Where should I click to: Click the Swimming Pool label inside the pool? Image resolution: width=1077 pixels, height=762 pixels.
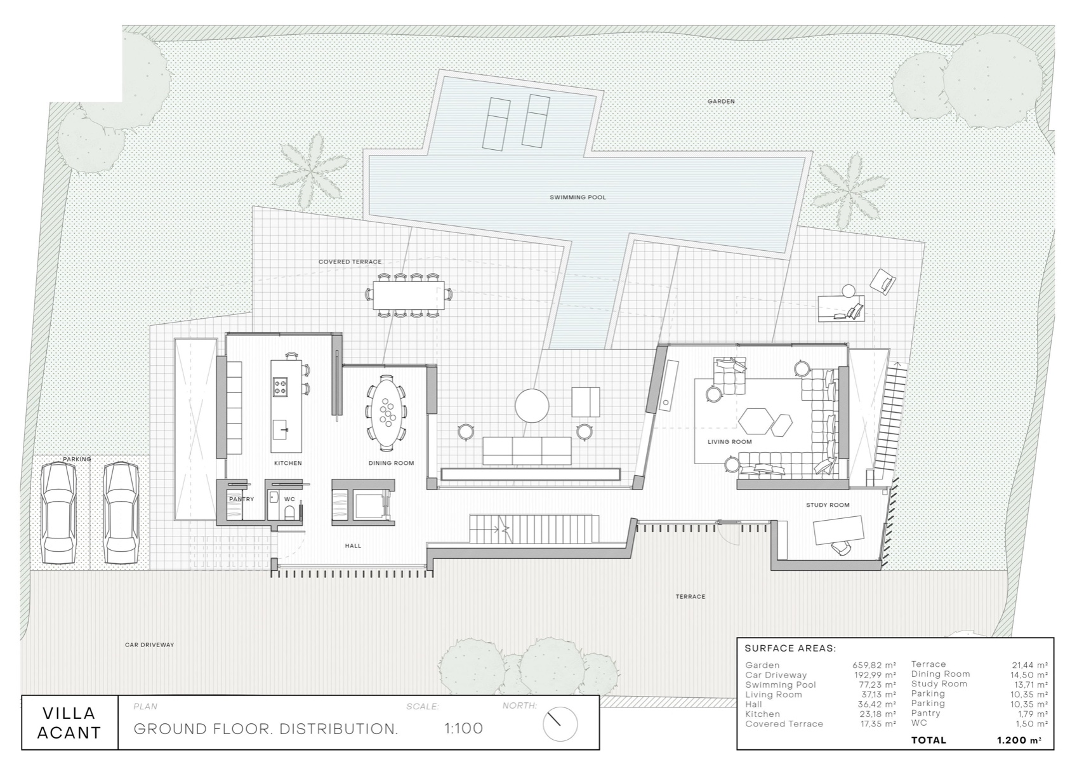pyautogui.click(x=578, y=197)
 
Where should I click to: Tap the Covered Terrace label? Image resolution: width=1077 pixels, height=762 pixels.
pyautogui.click(x=350, y=262)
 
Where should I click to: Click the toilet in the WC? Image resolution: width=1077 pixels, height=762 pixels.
pyautogui.click(x=289, y=512)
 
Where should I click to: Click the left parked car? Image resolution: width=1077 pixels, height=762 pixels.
pyautogui.click(x=58, y=512)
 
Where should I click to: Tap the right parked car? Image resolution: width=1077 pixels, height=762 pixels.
pyautogui.click(x=121, y=512)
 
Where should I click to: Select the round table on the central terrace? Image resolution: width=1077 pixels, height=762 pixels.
pyautogui.click(x=532, y=406)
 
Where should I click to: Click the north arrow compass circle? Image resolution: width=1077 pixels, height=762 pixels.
pyautogui.click(x=560, y=723)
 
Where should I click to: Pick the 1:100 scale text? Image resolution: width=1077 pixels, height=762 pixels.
pyautogui.click(x=463, y=728)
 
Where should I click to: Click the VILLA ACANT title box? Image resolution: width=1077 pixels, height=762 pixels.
pyautogui.click(x=69, y=723)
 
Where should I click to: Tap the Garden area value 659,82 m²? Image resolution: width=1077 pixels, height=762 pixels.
pyautogui.click(x=874, y=665)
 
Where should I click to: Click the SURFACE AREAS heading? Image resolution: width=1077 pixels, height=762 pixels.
pyautogui.click(x=790, y=648)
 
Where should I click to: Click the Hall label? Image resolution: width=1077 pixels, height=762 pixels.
pyautogui.click(x=353, y=545)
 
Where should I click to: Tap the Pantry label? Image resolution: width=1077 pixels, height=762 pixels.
pyautogui.click(x=241, y=499)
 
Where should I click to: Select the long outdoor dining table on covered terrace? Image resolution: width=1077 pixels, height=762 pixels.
pyautogui.click(x=408, y=295)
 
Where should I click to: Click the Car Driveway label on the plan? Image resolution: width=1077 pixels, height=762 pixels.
pyautogui.click(x=149, y=645)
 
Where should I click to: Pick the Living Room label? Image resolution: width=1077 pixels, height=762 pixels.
pyautogui.click(x=729, y=441)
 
